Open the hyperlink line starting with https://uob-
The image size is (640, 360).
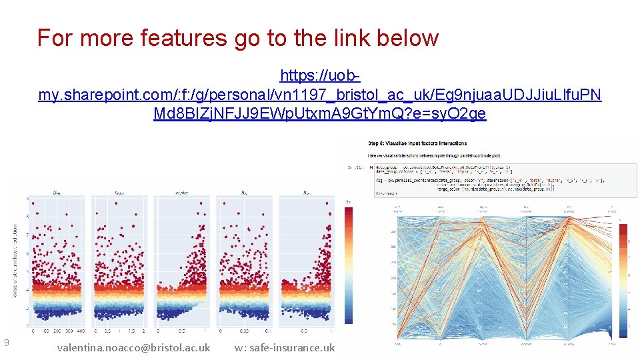click(x=320, y=75)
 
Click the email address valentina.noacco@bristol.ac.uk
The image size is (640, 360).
click(x=134, y=347)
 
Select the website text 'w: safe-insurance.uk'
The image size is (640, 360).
click(x=285, y=347)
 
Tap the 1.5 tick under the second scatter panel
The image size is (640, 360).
click(x=132, y=331)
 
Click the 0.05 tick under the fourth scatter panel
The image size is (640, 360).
click(x=244, y=331)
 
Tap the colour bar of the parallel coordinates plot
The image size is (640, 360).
click(x=623, y=280)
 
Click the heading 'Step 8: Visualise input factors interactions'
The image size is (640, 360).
click(x=418, y=143)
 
